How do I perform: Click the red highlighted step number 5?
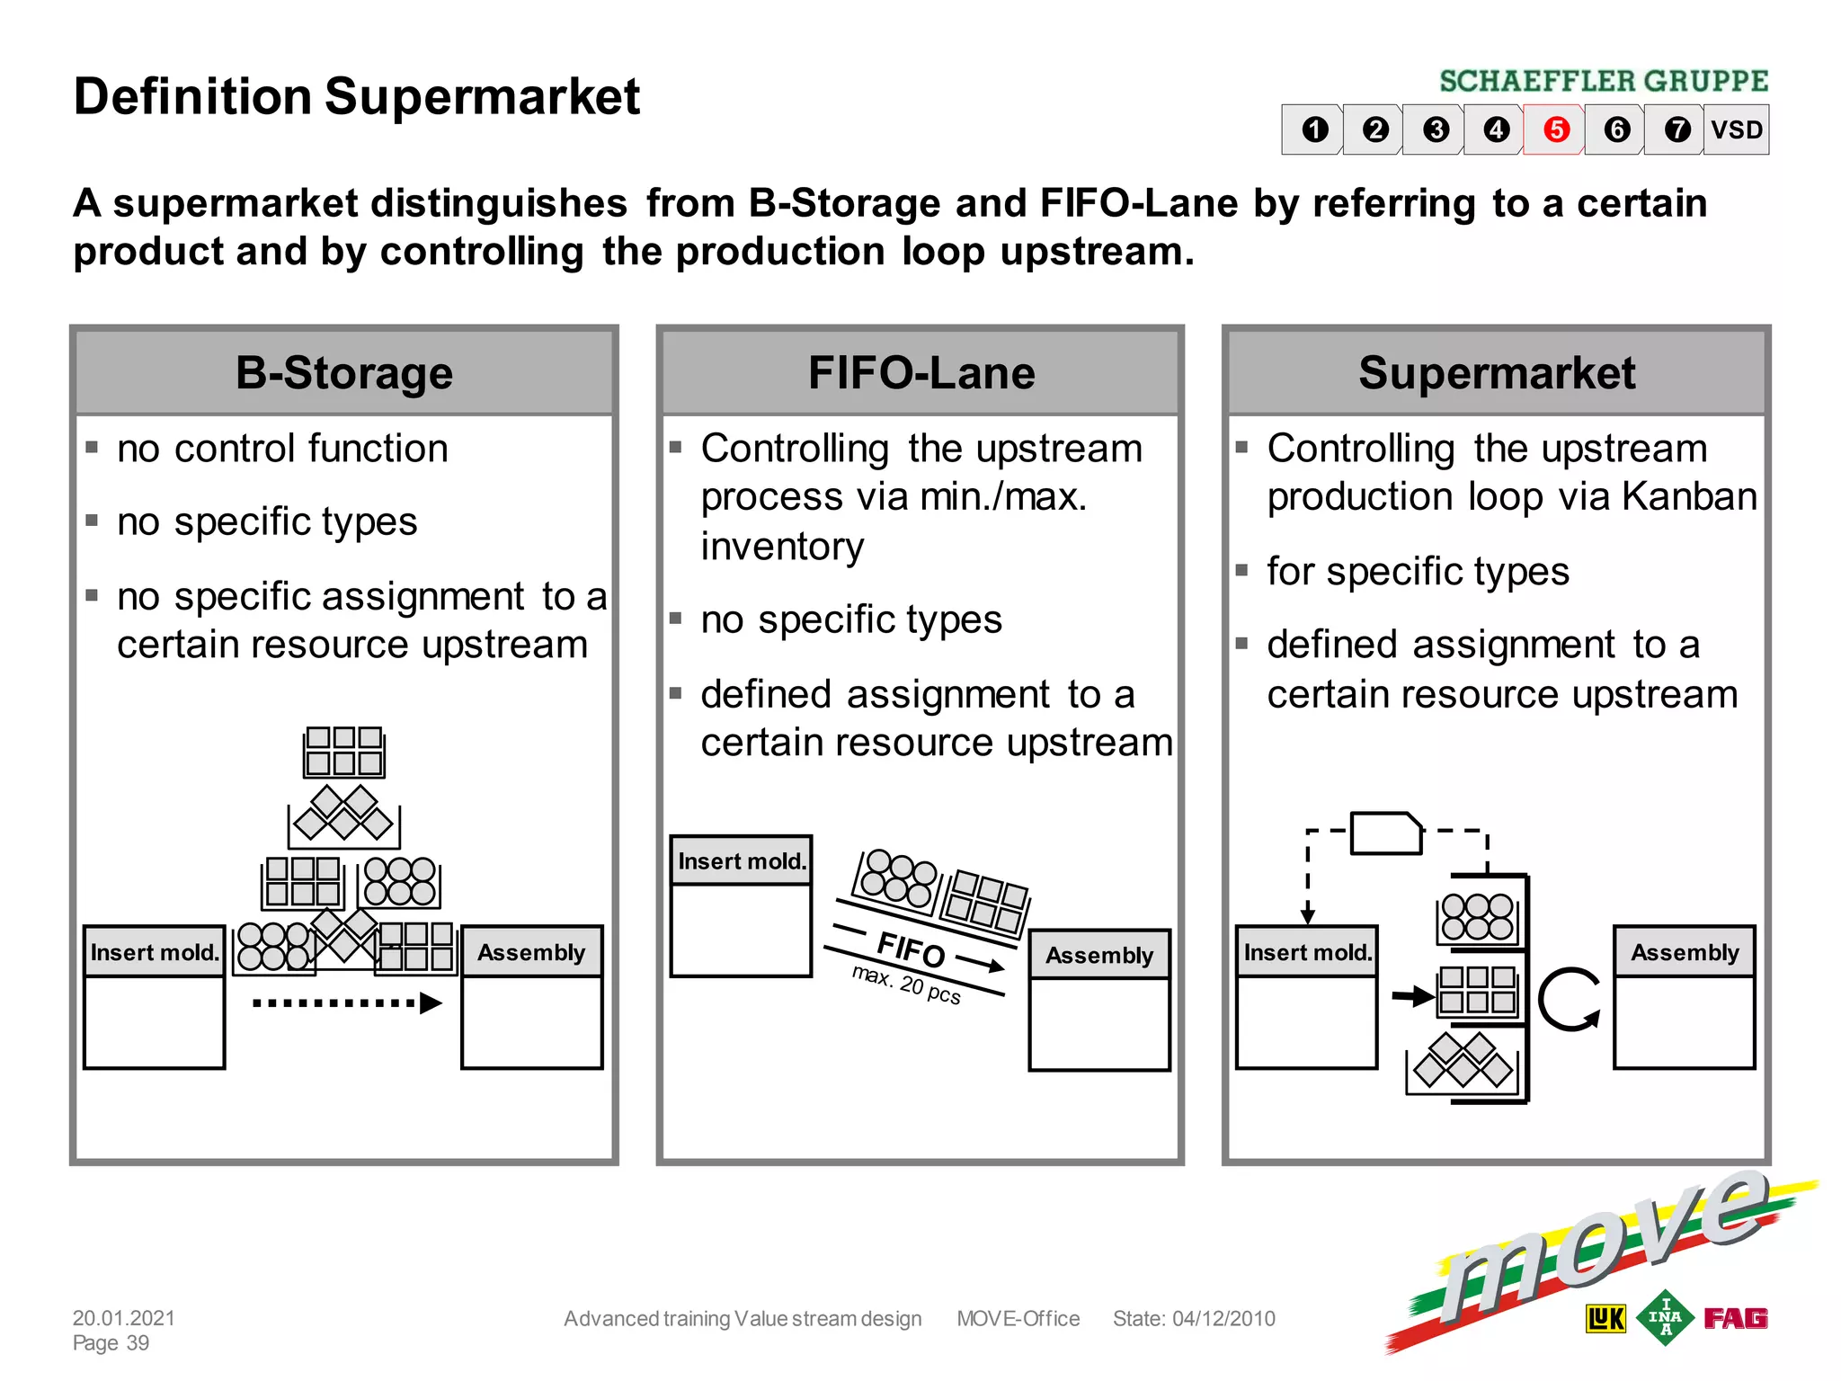pyautogui.click(x=1556, y=129)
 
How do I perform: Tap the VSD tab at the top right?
pyautogui.click(x=1736, y=129)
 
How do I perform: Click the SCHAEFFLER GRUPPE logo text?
pyautogui.click(x=1604, y=81)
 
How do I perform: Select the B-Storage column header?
pyautogui.click(x=344, y=372)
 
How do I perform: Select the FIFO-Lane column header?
pyautogui.click(x=920, y=372)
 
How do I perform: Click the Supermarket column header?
pyautogui.click(x=1497, y=372)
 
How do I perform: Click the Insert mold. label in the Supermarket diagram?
pyautogui.click(x=1307, y=952)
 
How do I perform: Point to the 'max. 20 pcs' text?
pyautogui.click(x=906, y=985)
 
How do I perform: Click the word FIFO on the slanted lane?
pyautogui.click(x=911, y=949)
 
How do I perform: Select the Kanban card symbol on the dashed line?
pyautogui.click(x=1386, y=833)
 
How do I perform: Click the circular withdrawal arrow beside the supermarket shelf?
pyautogui.click(x=1569, y=1000)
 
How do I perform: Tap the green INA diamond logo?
pyautogui.click(x=1665, y=1318)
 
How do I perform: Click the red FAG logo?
pyautogui.click(x=1736, y=1318)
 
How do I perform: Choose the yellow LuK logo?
pyautogui.click(x=1605, y=1319)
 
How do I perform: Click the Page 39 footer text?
pyautogui.click(x=111, y=1343)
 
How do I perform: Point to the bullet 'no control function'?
pyautogui.click(x=282, y=449)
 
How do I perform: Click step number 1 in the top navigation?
pyautogui.click(x=1315, y=129)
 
